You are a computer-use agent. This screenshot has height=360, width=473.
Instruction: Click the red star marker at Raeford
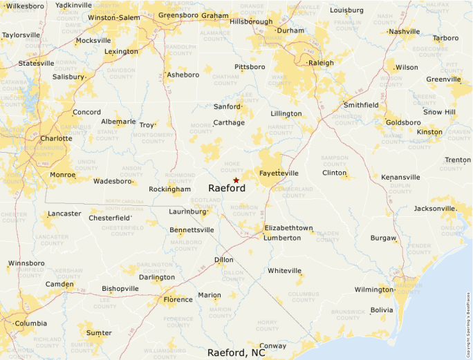[236, 180]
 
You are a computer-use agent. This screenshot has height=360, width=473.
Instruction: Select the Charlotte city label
[56, 138]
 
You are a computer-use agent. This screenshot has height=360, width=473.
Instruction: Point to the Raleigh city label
[321, 63]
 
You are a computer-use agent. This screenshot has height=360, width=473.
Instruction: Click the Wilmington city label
[373, 290]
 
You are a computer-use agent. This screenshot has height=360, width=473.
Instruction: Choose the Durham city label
[290, 30]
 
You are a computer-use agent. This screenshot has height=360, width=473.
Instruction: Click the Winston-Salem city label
[114, 17]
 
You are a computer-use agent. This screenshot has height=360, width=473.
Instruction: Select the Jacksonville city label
[434, 209]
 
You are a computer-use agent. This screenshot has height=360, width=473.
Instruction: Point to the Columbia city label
[31, 323]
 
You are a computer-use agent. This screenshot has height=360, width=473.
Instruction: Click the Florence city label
[178, 300]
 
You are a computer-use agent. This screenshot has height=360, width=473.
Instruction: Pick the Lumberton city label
[283, 238]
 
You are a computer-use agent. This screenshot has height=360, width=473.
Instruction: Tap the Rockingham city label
[169, 189]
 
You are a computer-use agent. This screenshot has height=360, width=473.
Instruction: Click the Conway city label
[272, 346]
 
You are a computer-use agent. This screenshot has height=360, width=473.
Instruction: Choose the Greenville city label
[443, 79]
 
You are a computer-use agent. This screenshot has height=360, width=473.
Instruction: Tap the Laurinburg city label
[188, 211]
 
